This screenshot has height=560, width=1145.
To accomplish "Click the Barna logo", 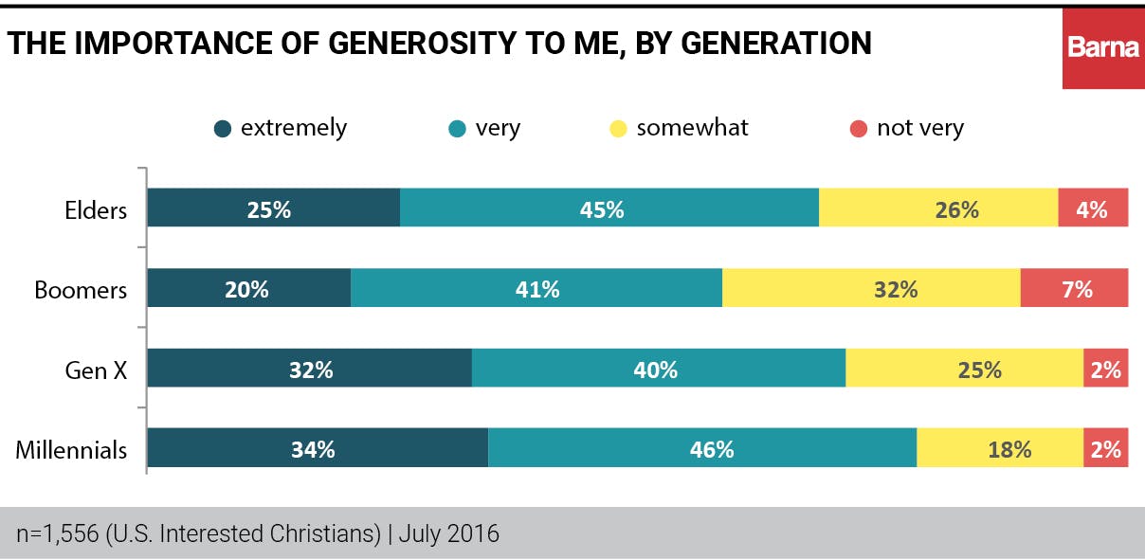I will pos(1103,45).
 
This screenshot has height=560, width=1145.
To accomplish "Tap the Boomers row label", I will pos(81,289).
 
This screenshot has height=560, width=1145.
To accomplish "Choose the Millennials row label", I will pos(71,449).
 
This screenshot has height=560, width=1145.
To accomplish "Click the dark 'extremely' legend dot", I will pos(223,129).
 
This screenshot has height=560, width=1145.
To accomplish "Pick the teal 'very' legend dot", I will pos(458,129).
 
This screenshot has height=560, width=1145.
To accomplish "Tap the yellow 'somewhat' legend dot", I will pos(618,129).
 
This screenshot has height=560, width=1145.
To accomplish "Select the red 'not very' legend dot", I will pos(859,129).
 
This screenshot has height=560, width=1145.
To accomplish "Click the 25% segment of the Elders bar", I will pos(273,208).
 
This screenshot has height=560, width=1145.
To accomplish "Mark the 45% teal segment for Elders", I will pos(609,208).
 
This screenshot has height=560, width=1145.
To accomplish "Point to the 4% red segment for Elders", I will pos(1093,208).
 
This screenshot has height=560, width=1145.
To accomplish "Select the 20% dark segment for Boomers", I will pos(248,288).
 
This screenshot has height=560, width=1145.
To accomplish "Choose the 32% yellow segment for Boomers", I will pos(871,288).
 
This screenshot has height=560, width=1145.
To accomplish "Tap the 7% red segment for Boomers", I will pos(1074,288).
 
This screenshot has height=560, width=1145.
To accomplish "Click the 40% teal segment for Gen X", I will pos(658,368).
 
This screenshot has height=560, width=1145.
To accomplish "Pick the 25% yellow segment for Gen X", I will pos(964,368).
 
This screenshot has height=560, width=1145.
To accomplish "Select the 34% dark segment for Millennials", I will pos(318,448).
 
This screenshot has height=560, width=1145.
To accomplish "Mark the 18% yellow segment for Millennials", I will pos(1000,448).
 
